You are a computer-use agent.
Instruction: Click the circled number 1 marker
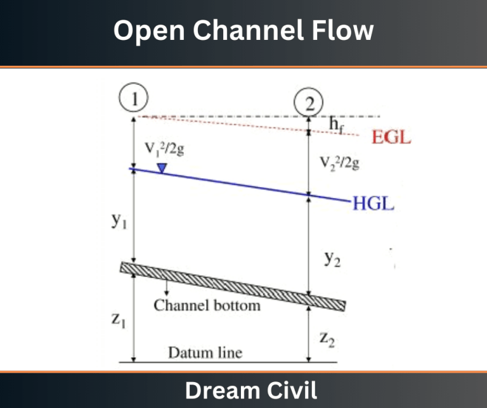[x=134, y=98]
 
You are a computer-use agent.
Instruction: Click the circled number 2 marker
[x=308, y=103]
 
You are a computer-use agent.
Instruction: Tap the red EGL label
[x=391, y=137]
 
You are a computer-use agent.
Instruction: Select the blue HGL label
[x=373, y=203]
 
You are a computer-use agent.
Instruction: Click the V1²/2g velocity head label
[x=165, y=150]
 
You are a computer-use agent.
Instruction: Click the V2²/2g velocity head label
[x=340, y=163]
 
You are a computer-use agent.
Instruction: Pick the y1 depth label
[x=119, y=220]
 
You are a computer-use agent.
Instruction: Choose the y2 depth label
[x=332, y=258]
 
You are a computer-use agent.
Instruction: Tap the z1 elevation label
[x=119, y=319]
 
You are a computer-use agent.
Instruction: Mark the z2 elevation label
[x=327, y=340]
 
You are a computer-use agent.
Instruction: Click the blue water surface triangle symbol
[x=162, y=168]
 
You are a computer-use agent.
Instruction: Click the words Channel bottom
[x=207, y=305]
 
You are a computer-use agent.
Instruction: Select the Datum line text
[x=205, y=353]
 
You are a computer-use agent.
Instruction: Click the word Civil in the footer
[x=291, y=390]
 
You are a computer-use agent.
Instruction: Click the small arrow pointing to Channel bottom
[x=167, y=287]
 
